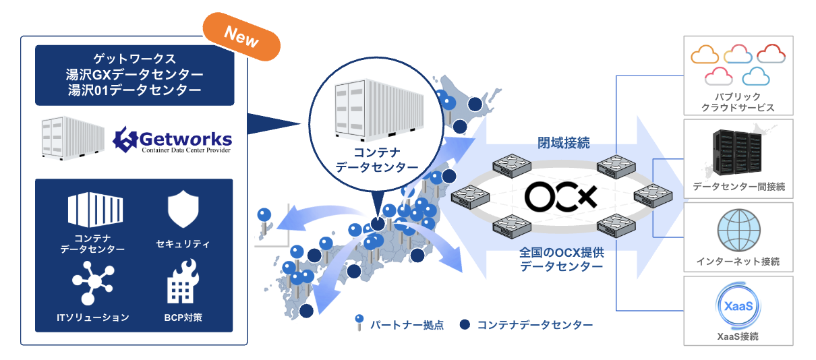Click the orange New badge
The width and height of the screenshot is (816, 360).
(241, 39)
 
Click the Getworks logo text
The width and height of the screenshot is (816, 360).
(174, 141)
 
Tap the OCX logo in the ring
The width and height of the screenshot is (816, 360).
(561, 196)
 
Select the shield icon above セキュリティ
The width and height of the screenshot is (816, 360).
(182, 210)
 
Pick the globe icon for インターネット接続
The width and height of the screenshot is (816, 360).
(738, 229)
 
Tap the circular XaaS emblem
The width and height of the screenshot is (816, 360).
(738, 307)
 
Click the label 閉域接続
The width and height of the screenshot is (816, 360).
(560, 142)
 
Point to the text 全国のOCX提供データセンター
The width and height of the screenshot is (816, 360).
(561, 260)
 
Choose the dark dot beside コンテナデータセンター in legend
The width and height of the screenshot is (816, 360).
(464, 324)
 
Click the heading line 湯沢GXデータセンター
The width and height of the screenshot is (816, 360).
(135, 74)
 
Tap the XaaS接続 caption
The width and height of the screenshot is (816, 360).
(738, 335)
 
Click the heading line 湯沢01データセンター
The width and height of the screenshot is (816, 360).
(135, 90)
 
